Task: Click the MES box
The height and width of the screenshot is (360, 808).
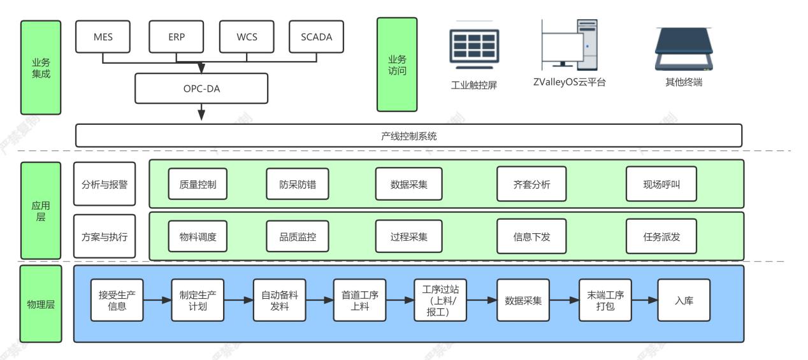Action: (x=103, y=36)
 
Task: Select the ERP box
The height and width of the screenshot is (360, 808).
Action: (x=177, y=36)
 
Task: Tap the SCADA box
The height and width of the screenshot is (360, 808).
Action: (x=316, y=36)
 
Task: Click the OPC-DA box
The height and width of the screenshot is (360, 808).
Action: (x=201, y=88)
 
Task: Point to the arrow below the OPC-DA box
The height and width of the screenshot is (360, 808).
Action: (x=201, y=113)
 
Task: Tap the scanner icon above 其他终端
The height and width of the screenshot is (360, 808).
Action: (x=683, y=50)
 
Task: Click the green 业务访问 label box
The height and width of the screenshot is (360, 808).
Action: (x=397, y=64)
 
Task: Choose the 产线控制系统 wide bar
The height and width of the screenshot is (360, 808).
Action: (x=408, y=136)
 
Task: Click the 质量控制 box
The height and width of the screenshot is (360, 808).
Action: (x=198, y=184)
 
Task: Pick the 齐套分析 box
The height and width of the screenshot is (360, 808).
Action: (x=531, y=184)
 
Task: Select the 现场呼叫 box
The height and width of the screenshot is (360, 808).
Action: (x=661, y=184)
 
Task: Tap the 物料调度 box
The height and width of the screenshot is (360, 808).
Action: (x=198, y=236)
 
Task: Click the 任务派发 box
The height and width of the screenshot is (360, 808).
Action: (x=661, y=236)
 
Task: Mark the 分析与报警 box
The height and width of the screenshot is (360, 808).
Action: (x=105, y=184)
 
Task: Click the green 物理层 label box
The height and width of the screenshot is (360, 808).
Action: (x=41, y=304)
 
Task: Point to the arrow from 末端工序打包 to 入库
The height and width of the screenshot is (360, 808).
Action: (x=644, y=300)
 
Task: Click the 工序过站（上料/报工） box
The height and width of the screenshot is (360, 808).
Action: (x=440, y=300)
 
